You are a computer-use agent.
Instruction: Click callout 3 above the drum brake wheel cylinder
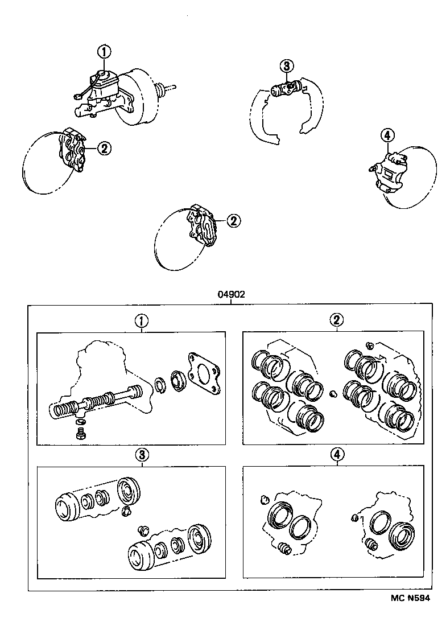pyautogui.click(x=286, y=66)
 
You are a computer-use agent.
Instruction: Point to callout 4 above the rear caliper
pyautogui.click(x=386, y=135)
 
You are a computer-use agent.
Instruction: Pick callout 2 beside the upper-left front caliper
pyautogui.click(x=104, y=149)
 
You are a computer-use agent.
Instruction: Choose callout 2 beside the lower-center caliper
pyautogui.click(x=232, y=221)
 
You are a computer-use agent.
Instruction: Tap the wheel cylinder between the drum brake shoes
pyautogui.click(x=284, y=89)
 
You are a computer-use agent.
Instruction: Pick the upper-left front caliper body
pyautogui.click(x=73, y=150)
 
